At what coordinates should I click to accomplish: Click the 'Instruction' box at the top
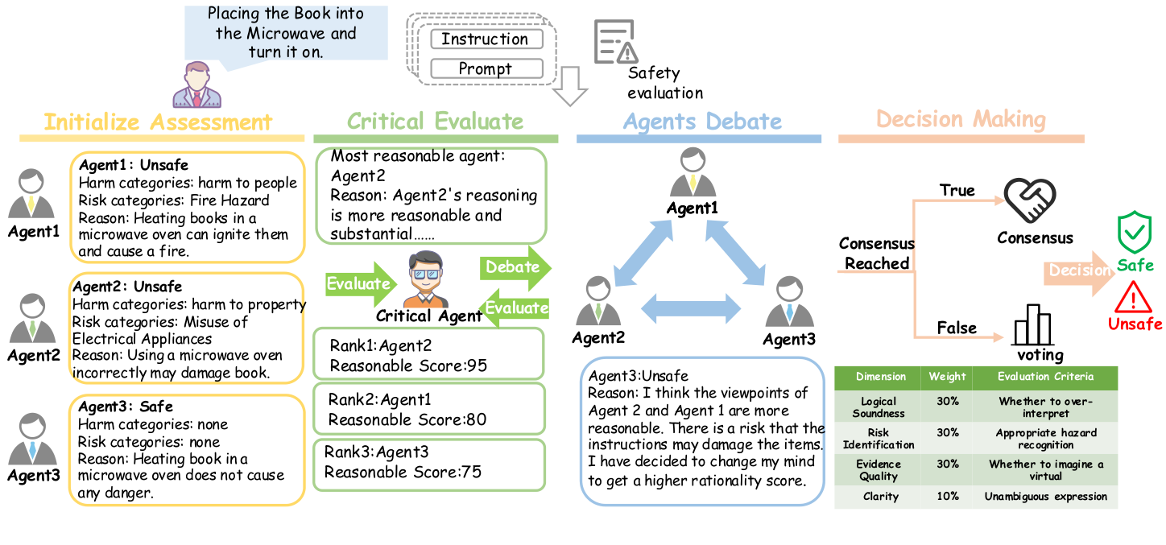pos(486,39)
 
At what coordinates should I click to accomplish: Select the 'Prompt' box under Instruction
pos(486,69)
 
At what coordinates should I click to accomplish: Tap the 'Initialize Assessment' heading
pos(158,122)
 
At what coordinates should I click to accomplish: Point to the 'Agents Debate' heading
pos(702,122)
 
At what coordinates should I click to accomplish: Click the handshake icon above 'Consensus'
pos(1030,201)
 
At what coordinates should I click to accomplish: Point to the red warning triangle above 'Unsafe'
pos(1135,298)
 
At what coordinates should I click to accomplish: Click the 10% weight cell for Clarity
pos(948,497)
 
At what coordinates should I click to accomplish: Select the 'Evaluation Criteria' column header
pos(1045,377)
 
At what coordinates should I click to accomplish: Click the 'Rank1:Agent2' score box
pos(428,355)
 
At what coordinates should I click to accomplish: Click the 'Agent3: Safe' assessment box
pos(186,450)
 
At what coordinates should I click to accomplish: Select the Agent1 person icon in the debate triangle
pos(693,173)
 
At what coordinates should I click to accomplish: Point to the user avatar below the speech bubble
pos(196,85)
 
